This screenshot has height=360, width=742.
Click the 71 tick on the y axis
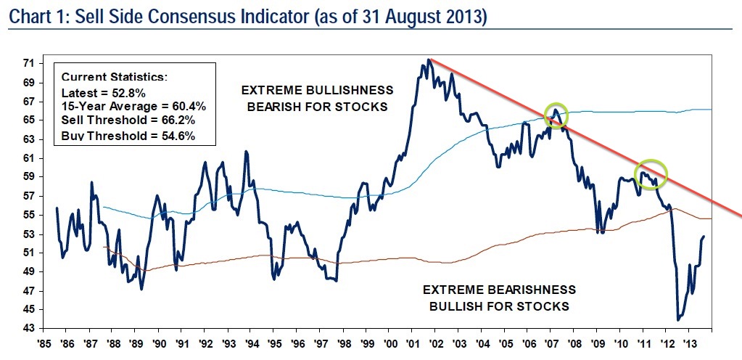tap(28, 64)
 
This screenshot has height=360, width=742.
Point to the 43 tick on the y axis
tap(28, 329)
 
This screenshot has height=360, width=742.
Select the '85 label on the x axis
tap(45, 342)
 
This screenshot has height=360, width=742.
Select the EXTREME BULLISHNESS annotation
tap(317, 91)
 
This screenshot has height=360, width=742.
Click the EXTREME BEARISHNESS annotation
tap(499, 289)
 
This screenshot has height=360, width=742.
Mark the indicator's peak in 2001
tap(429, 60)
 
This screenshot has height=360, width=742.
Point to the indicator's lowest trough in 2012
tap(678, 320)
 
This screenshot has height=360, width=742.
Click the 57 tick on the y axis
tap(28, 196)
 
